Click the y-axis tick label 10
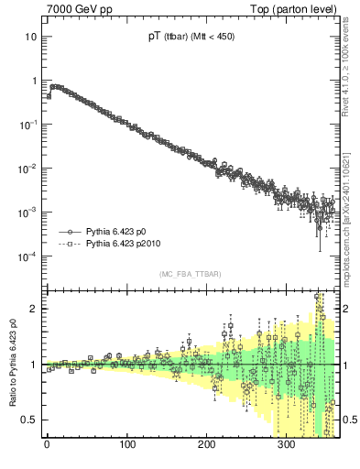coord(30,37)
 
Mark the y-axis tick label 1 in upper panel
coord(33,81)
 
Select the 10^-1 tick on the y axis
coord(27,125)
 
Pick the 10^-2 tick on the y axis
coord(27,169)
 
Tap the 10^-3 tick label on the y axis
coord(27,213)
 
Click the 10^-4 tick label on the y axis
coord(27,256)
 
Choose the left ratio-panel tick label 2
coord(33,309)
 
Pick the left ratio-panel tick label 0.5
coord(29,420)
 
